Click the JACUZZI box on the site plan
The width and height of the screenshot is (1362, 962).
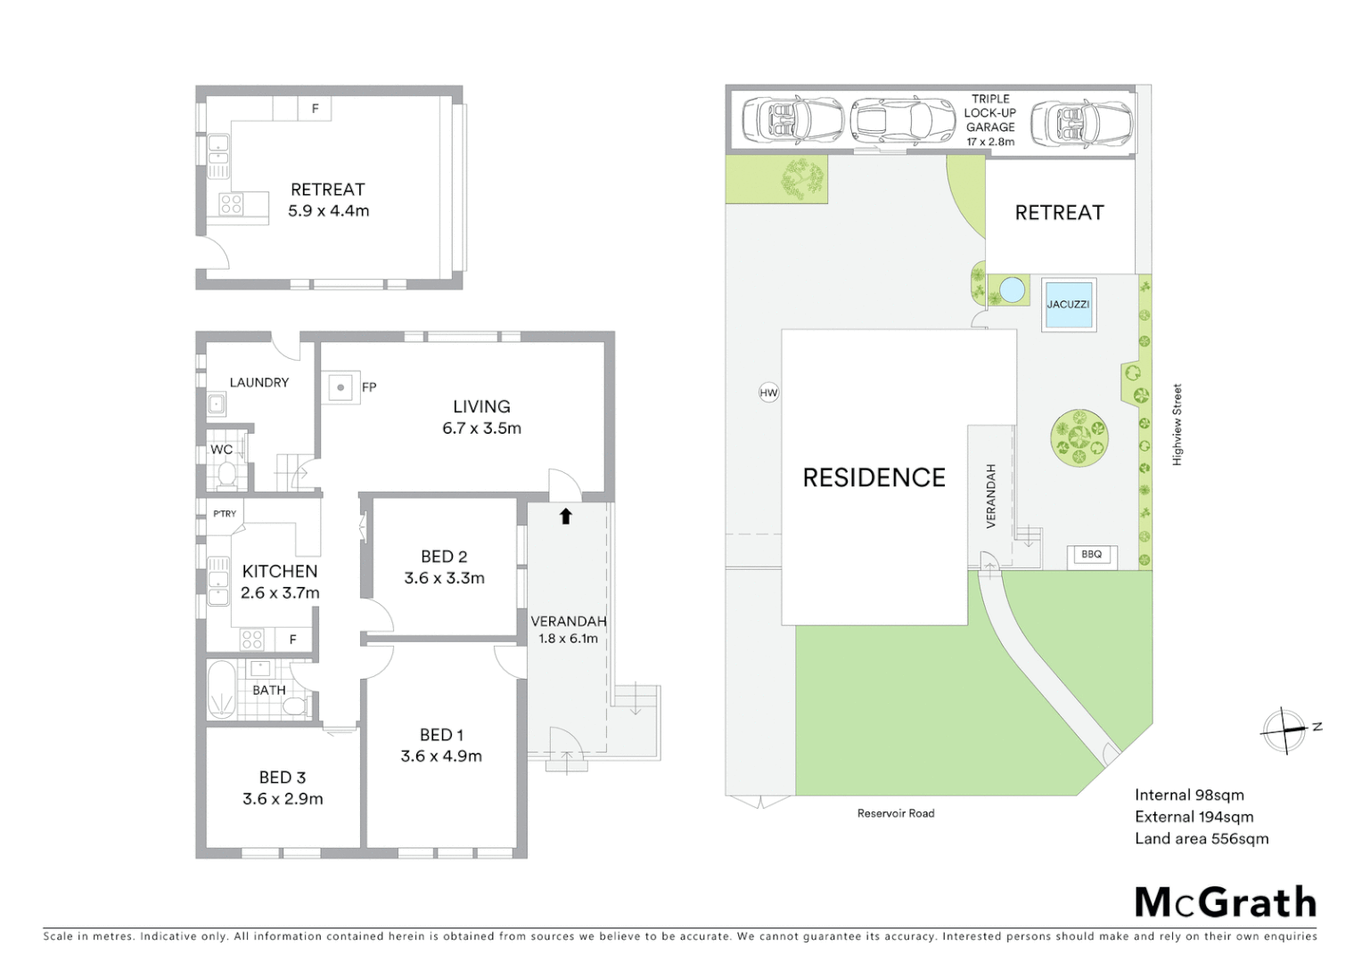coord(1068,305)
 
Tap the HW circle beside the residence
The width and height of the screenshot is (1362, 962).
coord(768,392)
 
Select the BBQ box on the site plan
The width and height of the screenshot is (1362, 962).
coord(1091,555)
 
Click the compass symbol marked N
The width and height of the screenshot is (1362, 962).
coord(1284,730)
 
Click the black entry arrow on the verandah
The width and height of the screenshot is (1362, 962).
coord(565,516)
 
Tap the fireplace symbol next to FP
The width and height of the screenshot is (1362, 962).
coord(340,387)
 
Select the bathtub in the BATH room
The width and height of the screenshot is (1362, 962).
coord(221,689)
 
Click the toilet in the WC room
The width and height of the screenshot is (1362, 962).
coord(226,473)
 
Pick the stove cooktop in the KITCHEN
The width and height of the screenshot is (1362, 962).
coord(252,639)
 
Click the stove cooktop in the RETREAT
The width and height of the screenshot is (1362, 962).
coord(232,204)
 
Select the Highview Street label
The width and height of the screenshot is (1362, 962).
coord(1177,424)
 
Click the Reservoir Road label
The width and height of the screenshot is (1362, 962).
coord(895,813)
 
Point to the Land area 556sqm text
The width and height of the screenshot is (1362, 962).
coord(1201,838)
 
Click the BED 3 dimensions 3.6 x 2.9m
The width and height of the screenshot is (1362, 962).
coord(283,799)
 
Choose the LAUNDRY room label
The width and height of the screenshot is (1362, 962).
coord(259,382)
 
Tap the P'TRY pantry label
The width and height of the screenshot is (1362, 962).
coord(225,513)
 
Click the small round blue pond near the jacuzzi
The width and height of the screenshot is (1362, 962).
coord(1012,289)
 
